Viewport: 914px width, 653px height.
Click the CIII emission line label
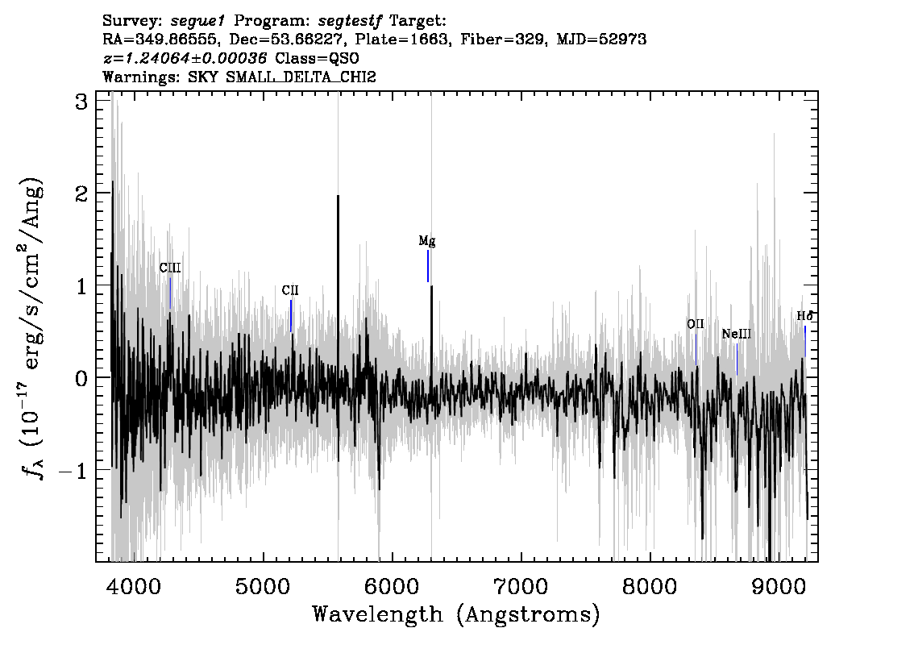tap(170, 268)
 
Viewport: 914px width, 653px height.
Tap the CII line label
tap(290, 290)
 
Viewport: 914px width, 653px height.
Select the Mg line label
tap(427, 241)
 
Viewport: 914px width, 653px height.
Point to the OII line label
tap(696, 324)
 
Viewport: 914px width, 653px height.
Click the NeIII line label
tap(737, 334)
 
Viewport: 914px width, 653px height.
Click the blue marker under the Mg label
tap(428, 266)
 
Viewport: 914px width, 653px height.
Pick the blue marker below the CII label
tap(291, 316)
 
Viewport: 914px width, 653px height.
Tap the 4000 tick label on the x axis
tap(135, 586)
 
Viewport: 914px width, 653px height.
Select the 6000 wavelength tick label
tap(392, 586)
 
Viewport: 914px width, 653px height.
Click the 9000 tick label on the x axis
tap(778, 586)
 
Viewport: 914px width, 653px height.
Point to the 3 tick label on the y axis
tap(81, 102)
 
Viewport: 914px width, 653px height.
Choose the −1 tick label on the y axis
tap(73, 471)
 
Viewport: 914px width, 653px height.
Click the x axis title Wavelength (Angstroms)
tap(456, 614)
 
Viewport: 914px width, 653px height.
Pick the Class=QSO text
tap(317, 58)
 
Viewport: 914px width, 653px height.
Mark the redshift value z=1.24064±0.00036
tap(185, 58)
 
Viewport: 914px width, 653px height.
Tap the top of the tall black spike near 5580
tap(338, 196)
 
